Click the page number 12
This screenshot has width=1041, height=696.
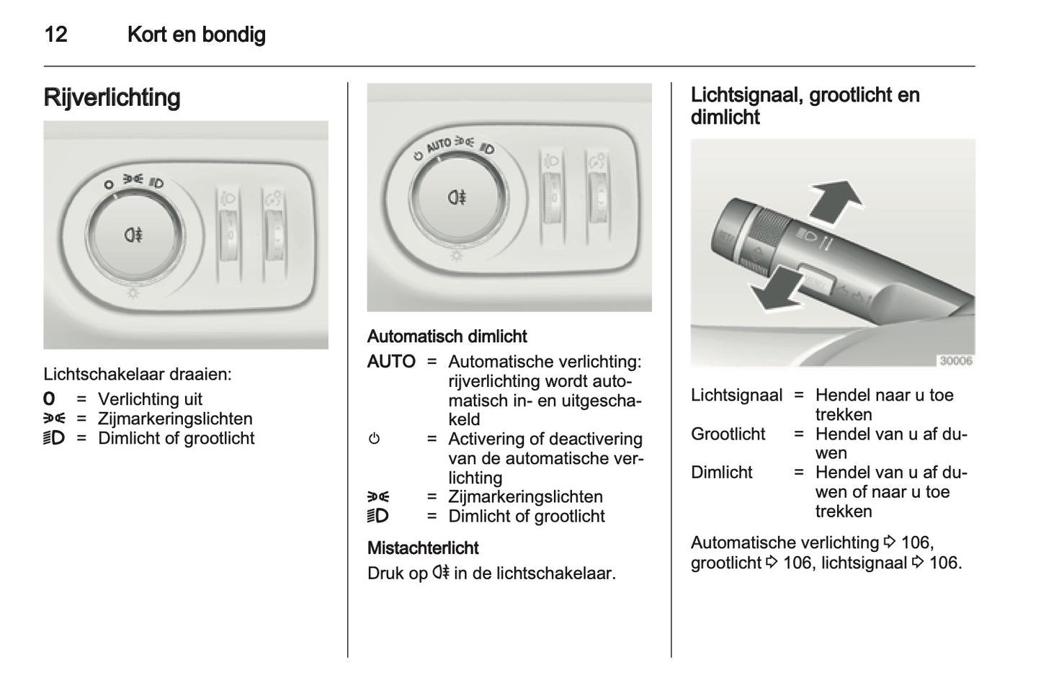point(56,35)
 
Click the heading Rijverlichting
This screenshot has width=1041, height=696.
point(112,97)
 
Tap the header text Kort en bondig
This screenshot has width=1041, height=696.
point(196,35)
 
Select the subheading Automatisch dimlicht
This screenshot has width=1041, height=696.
point(447,336)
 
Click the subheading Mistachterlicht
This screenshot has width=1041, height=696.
point(423,548)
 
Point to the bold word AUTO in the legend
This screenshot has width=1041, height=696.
point(391,362)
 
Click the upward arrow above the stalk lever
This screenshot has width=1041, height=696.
point(836,199)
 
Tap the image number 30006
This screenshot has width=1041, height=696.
point(955,361)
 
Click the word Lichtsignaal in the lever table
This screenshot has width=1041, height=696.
point(736,396)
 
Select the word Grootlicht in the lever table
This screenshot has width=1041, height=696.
point(728,434)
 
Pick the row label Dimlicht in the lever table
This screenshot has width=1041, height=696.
point(721,473)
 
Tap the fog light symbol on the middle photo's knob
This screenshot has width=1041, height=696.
point(457,197)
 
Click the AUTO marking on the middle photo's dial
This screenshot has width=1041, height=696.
point(439,146)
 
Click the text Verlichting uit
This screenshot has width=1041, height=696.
point(150,399)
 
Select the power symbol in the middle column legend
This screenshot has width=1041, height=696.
point(374,439)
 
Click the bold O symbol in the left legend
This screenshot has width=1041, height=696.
point(49,399)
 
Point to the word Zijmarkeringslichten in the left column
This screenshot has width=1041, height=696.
point(175,419)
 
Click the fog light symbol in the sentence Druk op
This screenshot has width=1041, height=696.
point(441,574)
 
